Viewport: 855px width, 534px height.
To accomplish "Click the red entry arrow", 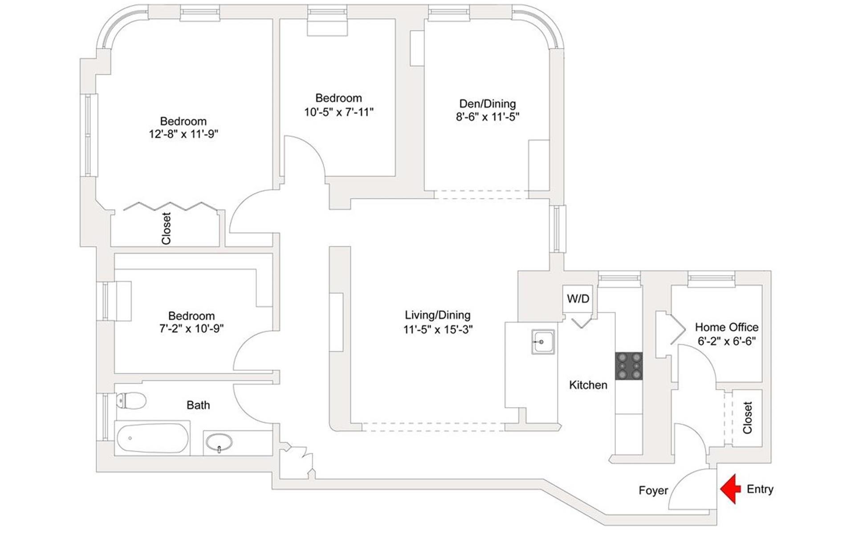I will [x=730, y=489].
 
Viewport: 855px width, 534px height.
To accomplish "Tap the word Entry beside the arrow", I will [x=760, y=489].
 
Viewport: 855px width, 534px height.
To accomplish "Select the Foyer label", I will [x=653, y=490].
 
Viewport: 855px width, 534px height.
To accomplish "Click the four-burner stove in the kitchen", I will [x=629, y=366].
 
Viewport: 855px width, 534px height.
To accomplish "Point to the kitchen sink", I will [x=543, y=342].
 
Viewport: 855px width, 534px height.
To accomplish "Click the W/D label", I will [x=578, y=299].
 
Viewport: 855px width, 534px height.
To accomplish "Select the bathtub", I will [x=152, y=438].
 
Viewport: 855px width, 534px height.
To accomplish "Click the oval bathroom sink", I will [x=219, y=442].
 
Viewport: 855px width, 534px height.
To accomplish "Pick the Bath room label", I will [x=198, y=405].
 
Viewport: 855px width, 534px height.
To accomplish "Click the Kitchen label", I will [x=588, y=385].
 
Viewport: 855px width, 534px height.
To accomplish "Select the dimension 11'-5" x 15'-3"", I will [x=438, y=330].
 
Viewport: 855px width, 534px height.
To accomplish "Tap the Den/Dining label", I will [x=488, y=104].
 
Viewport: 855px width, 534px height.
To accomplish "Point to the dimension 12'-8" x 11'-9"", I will [x=183, y=134].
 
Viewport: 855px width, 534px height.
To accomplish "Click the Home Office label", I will [x=727, y=328].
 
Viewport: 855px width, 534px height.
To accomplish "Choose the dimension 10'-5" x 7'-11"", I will [x=338, y=112].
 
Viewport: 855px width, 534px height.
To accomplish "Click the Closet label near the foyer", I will [x=747, y=417].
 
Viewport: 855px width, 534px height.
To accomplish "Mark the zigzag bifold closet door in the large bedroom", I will [x=170, y=206].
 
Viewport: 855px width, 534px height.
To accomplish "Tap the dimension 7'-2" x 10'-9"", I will [x=191, y=329].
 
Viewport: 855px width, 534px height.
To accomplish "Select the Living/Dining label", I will [x=438, y=315].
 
